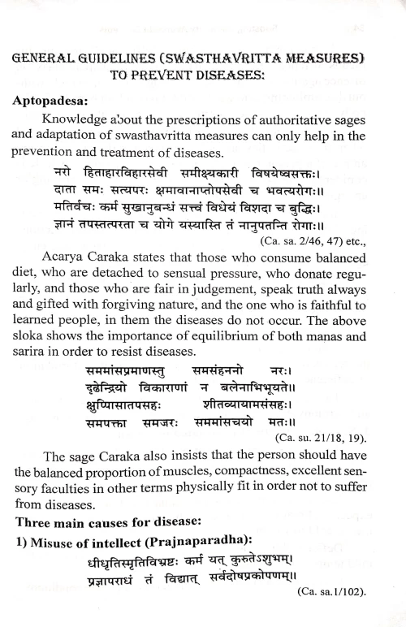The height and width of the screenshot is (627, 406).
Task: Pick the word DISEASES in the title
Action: pos(287,80)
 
